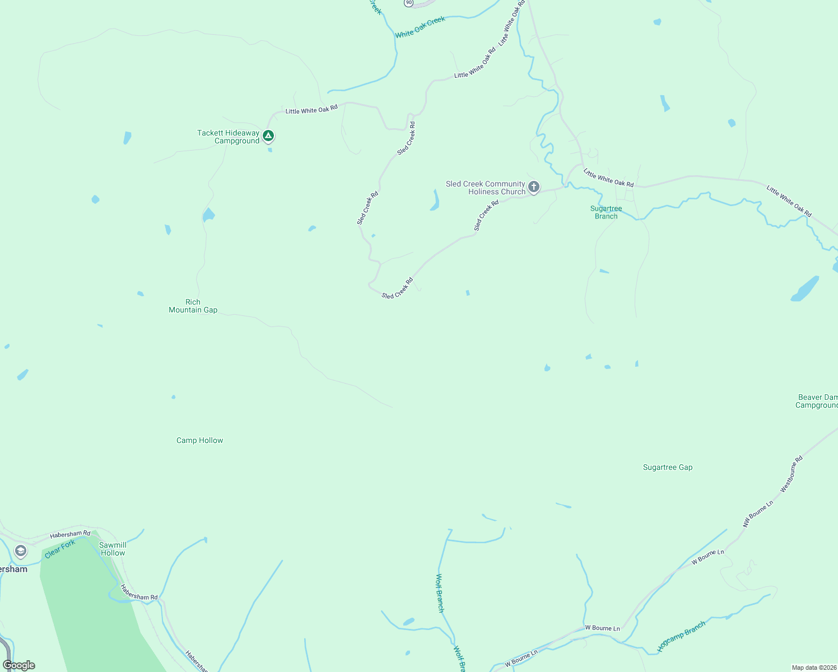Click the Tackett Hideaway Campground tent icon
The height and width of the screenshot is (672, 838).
268,136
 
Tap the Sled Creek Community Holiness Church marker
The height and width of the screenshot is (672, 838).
534,186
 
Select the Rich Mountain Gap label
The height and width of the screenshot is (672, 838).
193,306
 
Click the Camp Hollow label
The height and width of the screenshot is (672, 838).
199,440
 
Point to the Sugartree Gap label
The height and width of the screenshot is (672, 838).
667,467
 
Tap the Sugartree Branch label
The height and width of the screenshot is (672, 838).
606,212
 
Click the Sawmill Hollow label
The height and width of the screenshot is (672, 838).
113,549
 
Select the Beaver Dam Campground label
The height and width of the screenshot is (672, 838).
816,401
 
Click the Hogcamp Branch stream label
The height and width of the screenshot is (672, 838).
681,637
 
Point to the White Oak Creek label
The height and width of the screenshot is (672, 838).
420,27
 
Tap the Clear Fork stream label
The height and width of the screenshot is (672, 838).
60,549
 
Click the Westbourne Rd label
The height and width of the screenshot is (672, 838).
792,474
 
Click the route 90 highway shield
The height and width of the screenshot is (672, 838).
409,3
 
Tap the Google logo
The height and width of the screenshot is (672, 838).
18,665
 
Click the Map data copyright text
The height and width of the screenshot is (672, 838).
813,668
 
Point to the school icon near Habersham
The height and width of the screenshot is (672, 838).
21,551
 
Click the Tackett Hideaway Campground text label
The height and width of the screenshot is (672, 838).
228,137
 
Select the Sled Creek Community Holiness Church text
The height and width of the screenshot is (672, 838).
485,188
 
